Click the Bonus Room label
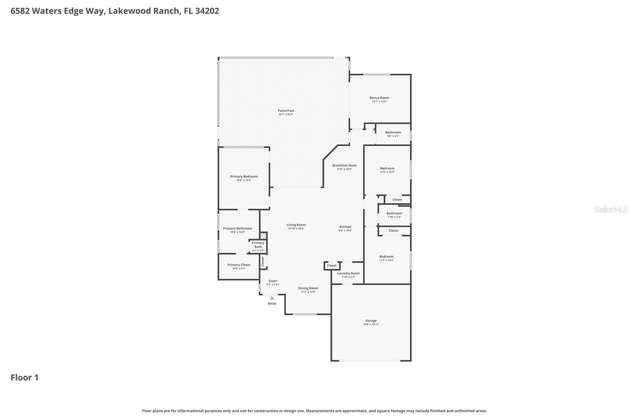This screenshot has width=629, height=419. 379,98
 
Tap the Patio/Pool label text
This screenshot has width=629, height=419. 286,111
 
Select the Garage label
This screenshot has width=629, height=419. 371,321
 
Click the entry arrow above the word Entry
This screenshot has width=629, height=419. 272,298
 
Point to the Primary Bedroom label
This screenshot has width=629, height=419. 244,176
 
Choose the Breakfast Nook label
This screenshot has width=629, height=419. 344,165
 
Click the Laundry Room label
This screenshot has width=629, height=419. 348,273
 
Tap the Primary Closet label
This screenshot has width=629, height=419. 239,265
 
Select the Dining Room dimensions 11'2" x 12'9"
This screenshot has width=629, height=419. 308,292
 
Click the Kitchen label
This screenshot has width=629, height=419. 345,227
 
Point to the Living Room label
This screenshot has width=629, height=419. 296,225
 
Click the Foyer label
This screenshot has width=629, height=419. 273,281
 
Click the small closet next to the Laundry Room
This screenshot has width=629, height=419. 331,266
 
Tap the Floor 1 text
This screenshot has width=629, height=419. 24,377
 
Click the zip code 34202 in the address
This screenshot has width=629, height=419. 207,11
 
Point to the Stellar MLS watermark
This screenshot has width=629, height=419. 610,209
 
